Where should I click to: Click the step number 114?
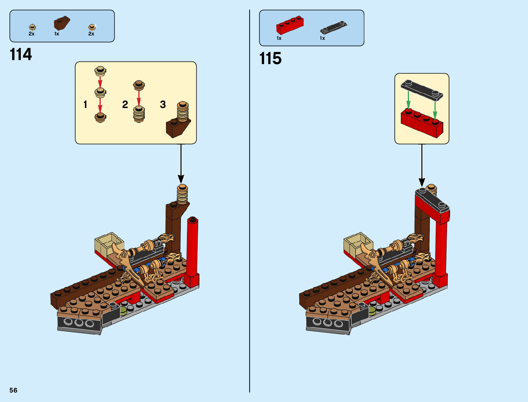[x=21, y=55]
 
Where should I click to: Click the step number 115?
[x=270, y=59]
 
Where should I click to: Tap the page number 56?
[x=13, y=390]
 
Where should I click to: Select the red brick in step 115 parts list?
[x=290, y=25]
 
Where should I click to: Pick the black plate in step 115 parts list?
[x=333, y=27]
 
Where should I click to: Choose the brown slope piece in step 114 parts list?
[x=61, y=23]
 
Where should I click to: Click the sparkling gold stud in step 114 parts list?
[x=92, y=27]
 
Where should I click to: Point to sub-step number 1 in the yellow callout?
[x=85, y=105]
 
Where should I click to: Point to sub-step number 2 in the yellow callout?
[x=125, y=105]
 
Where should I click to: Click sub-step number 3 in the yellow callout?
[x=163, y=105]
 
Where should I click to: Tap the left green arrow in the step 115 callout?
[x=408, y=100]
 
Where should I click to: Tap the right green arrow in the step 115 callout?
[x=435, y=110]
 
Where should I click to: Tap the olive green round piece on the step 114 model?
[x=123, y=311]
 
